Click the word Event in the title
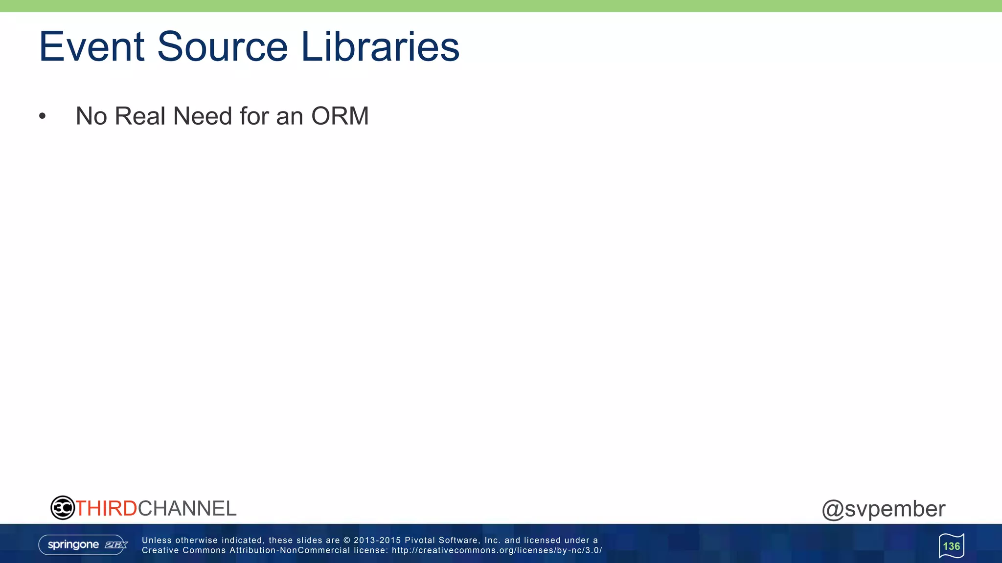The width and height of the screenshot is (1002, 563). pyautogui.click(x=91, y=47)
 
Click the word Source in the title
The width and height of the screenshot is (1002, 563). pyautogui.click(x=222, y=47)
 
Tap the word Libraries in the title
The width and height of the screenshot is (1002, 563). pyautogui.click(x=380, y=47)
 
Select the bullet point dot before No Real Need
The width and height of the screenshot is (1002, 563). pyautogui.click(x=43, y=116)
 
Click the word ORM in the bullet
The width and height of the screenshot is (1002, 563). pyautogui.click(x=340, y=116)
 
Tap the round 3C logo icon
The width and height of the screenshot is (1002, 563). pyautogui.click(x=62, y=508)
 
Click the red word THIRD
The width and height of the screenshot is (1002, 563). pyautogui.click(x=106, y=508)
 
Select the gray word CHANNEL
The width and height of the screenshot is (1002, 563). pyautogui.click(x=187, y=508)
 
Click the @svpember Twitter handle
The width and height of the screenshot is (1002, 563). pyautogui.click(x=883, y=509)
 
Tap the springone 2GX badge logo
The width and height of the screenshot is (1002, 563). pyautogui.click(x=83, y=544)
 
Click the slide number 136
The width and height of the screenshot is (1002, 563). pyautogui.click(x=951, y=546)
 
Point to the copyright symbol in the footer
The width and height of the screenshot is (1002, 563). pyautogui.click(x=346, y=540)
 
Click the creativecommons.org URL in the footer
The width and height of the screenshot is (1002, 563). pyautogui.click(x=496, y=550)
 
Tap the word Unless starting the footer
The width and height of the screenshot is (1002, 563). pyautogui.click(x=157, y=540)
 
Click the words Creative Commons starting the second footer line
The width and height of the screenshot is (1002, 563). pyautogui.click(x=184, y=550)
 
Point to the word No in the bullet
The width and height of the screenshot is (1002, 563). pyautogui.click(x=91, y=116)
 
